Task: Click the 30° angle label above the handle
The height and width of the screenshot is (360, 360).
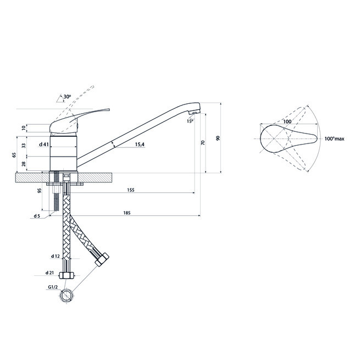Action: point(67,97)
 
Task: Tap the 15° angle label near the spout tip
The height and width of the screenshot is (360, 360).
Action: point(190,121)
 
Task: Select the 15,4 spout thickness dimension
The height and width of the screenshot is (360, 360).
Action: point(140,145)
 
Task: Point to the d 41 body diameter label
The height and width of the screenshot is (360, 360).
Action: point(44,145)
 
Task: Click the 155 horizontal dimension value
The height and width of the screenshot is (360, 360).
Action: point(131,190)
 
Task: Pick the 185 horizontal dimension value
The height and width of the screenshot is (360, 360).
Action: point(127,213)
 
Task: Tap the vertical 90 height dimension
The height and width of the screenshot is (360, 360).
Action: point(218,138)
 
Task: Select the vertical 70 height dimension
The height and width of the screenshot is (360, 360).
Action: point(203,142)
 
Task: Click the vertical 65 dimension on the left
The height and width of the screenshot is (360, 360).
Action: point(14,155)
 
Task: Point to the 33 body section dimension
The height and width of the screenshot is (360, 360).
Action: point(24,145)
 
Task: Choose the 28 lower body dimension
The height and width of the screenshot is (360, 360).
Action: point(24,164)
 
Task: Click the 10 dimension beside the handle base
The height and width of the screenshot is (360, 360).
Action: point(24,128)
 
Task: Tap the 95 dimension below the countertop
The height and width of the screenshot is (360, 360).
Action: point(40,191)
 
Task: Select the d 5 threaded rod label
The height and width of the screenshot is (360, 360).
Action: point(37,216)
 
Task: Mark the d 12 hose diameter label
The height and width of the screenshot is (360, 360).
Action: point(56,256)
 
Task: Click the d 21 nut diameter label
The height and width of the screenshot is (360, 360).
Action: point(49,273)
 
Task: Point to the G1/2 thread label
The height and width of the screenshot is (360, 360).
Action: point(53,287)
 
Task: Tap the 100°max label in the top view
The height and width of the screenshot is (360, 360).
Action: point(335,139)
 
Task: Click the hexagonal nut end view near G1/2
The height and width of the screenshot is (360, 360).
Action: point(67,295)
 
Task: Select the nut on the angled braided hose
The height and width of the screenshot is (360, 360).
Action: point(102,259)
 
